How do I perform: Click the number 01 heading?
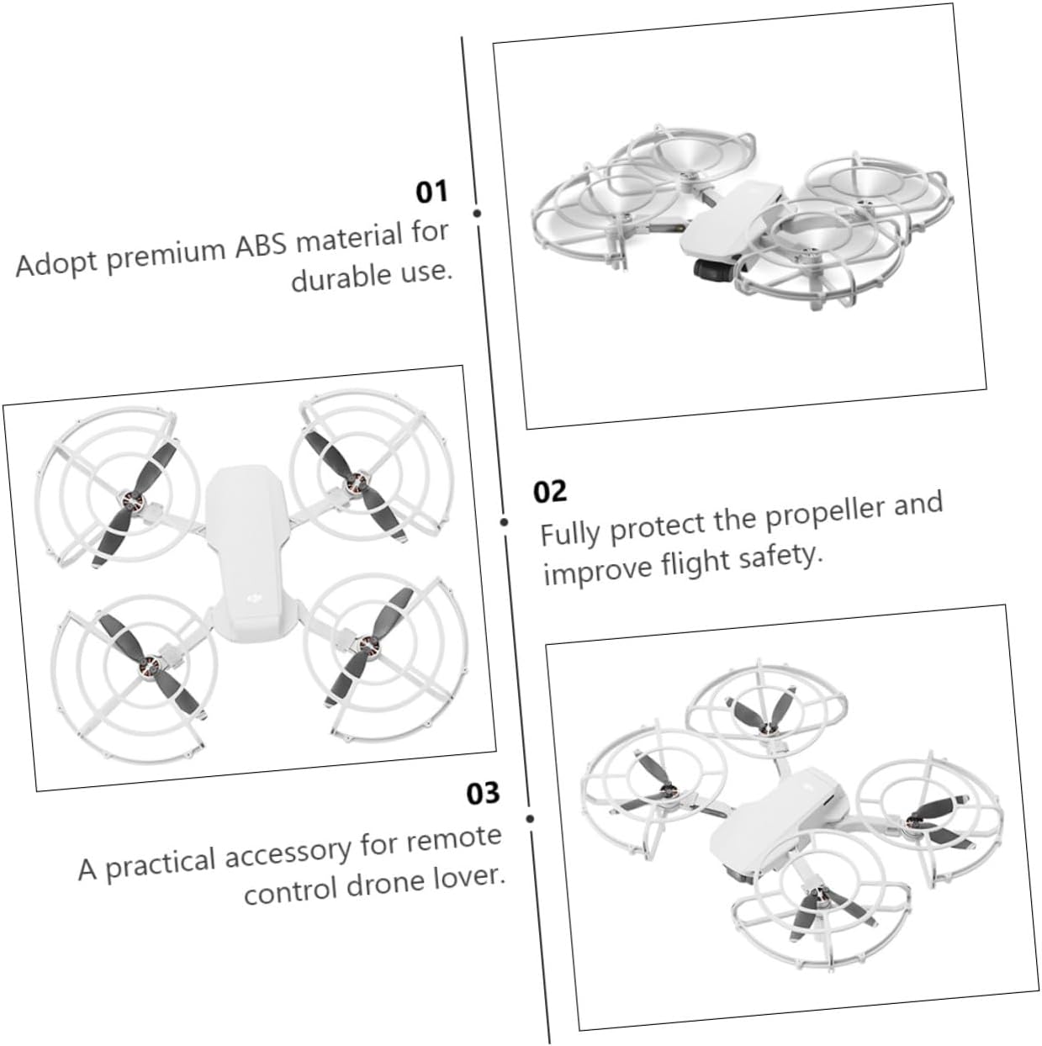coord(431,192)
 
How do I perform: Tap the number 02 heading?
coord(549,491)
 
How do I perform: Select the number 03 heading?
coord(483,793)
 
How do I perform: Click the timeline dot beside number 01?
coord(477,214)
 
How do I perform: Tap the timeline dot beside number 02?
coord(504,522)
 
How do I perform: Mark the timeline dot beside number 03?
coord(530,819)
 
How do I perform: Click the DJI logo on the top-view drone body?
coord(254,598)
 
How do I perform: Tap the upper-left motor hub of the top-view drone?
coord(132,499)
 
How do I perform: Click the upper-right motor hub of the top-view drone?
coord(355,482)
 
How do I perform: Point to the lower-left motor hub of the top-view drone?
coord(148,663)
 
